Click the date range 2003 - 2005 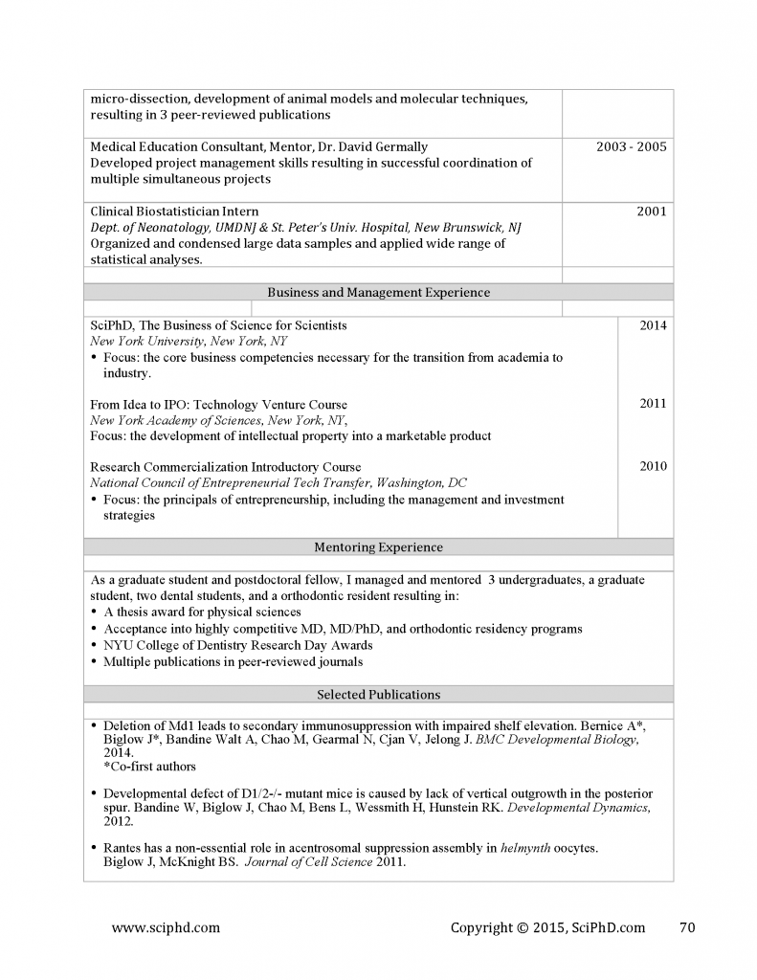coord(631,146)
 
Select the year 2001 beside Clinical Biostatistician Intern coord(651,212)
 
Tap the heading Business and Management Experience coord(378,293)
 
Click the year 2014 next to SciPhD coord(653,325)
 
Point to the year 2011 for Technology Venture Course coord(653,404)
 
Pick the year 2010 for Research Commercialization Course coord(653,467)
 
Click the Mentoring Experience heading coord(378,547)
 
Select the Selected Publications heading coord(378,694)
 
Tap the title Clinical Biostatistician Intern coord(174,212)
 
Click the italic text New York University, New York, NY coord(189,341)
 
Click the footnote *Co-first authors coord(149,766)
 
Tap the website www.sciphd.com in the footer coord(166,926)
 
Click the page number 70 coord(686,926)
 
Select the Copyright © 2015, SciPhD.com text coord(547,926)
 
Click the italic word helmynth coord(525,848)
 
